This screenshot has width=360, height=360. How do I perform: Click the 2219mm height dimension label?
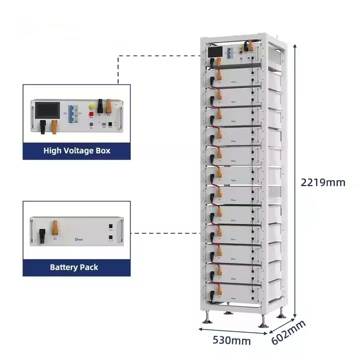[322, 182]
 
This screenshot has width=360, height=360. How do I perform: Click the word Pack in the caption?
[88, 267]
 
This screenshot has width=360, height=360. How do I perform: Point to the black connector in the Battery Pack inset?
[43, 232]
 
